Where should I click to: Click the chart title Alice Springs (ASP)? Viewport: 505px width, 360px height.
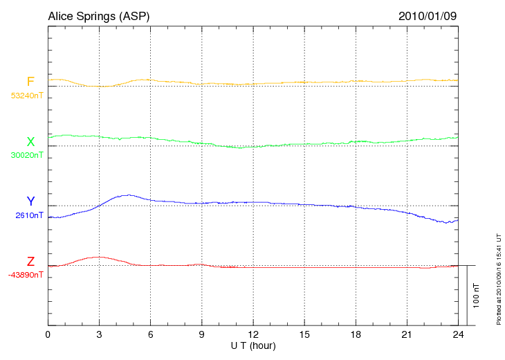[x=98, y=16]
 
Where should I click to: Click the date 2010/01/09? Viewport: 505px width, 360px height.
[x=428, y=16]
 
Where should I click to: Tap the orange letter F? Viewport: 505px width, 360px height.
[x=30, y=82]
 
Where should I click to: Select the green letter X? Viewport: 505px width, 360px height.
[x=30, y=142]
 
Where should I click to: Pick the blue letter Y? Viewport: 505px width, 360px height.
[x=30, y=201]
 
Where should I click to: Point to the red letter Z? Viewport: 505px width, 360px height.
[x=30, y=262]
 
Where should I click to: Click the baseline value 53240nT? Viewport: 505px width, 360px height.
[x=26, y=96]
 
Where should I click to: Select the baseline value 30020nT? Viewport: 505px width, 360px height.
[x=26, y=156]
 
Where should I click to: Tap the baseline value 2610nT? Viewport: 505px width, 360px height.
[x=29, y=215]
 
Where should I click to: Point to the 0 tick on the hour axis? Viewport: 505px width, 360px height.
[x=48, y=334]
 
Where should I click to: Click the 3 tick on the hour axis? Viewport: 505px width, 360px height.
[x=99, y=334]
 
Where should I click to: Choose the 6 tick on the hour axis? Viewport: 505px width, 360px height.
[x=151, y=334]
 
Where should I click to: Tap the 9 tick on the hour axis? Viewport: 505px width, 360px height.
[x=202, y=334]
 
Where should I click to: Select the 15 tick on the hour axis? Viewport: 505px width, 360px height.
[x=304, y=334]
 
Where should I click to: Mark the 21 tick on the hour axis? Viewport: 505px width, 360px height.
[x=407, y=334]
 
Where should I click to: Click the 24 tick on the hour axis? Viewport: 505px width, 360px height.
[x=458, y=334]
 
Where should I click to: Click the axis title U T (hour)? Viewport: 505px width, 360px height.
[x=252, y=345]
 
